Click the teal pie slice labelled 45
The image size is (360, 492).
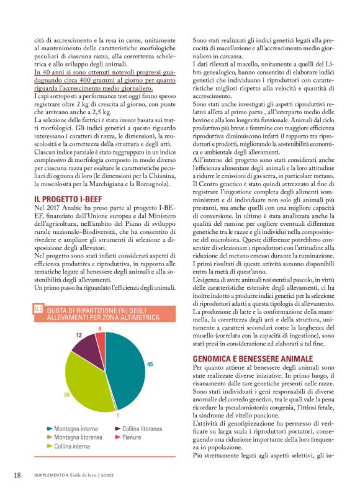click(x=127, y=366)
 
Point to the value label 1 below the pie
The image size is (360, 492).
click(x=117, y=414)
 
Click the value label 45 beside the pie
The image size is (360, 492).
click(x=150, y=364)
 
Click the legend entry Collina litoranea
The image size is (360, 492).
click(x=142, y=429)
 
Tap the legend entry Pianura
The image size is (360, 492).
click(x=131, y=437)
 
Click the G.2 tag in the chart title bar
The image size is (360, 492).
click(x=38, y=308)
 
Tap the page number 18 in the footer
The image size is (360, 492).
click(x=17, y=475)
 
